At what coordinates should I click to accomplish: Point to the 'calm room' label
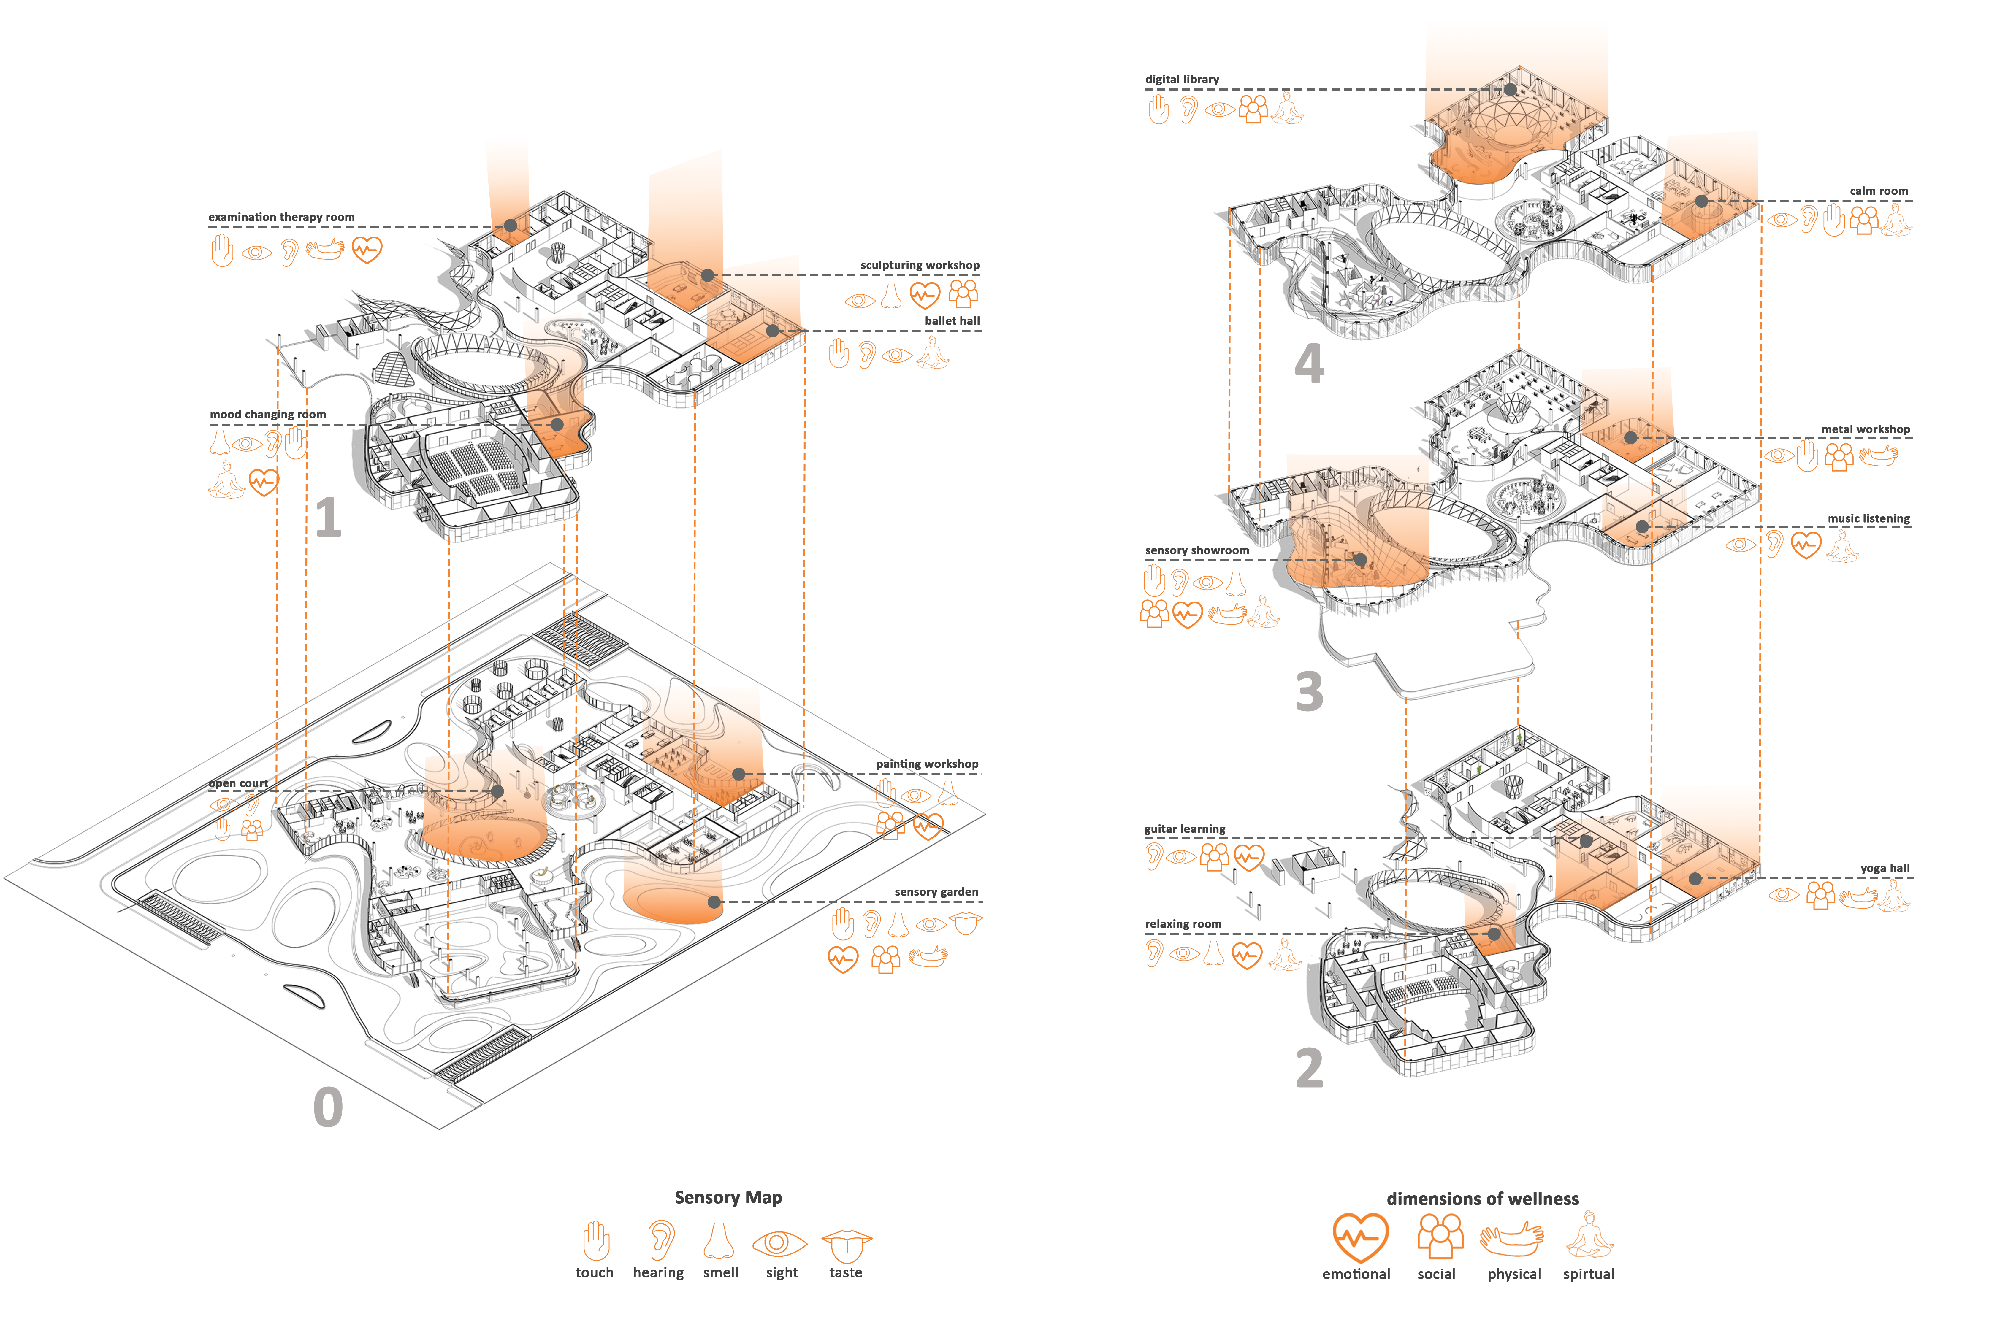point(1879,191)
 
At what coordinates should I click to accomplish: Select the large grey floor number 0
point(328,1107)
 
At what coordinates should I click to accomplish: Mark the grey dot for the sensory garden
point(714,902)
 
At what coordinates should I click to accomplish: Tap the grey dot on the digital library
point(1510,89)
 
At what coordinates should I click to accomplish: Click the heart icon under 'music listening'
point(1806,545)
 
